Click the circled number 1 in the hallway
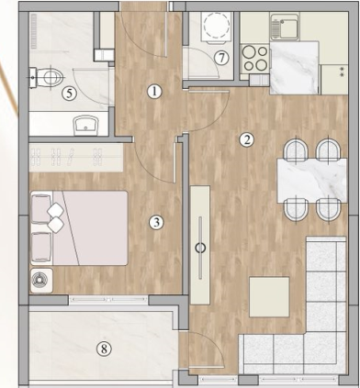tap(154, 92)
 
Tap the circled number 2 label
tap(247, 140)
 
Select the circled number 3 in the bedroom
tap(156, 223)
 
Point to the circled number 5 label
tap(70, 94)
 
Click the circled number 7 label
tap(221, 58)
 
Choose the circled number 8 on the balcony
tap(104, 349)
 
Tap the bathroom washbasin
tap(86, 125)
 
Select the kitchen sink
tap(285, 27)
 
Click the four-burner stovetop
tap(255, 58)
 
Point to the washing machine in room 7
tap(217, 27)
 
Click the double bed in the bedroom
tap(79, 228)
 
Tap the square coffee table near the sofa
tap(269, 297)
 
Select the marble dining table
tap(312, 181)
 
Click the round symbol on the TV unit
tap(200, 248)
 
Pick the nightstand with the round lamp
tap(41, 281)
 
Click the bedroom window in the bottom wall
tap(108, 300)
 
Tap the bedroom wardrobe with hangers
tap(76, 157)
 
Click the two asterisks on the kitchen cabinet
tap(342, 72)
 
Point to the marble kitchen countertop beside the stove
tap(295, 68)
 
